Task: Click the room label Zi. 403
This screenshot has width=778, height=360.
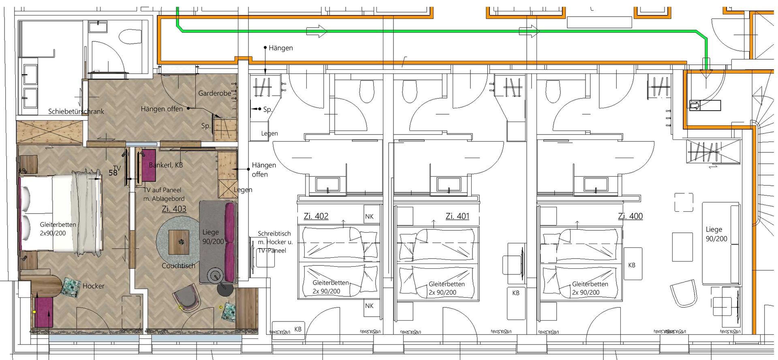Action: coord(174,209)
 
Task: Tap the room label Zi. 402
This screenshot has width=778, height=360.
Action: coord(316,216)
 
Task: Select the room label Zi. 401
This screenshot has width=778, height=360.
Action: coord(457,216)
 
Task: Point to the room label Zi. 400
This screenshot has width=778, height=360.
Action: coord(631,216)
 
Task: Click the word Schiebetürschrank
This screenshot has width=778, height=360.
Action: coord(76,111)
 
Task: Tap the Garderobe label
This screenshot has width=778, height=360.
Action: coord(214,93)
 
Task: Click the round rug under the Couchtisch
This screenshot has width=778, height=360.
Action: coord(179,241)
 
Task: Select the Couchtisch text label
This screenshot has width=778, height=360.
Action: coord(178,266)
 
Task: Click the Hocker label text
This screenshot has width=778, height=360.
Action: coord(94,286)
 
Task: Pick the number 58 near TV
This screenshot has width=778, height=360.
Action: coord(113,173)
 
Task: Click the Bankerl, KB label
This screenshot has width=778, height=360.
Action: coord(166,165)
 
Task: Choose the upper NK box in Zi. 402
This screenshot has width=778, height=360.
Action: coord(369,216)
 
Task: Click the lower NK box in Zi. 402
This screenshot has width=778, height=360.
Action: coord(369,306)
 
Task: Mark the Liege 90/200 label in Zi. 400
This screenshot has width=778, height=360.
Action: coord(716,234)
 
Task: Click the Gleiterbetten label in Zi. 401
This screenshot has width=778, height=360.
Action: coord(447,288)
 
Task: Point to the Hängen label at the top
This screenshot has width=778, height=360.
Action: coord(280,48)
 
